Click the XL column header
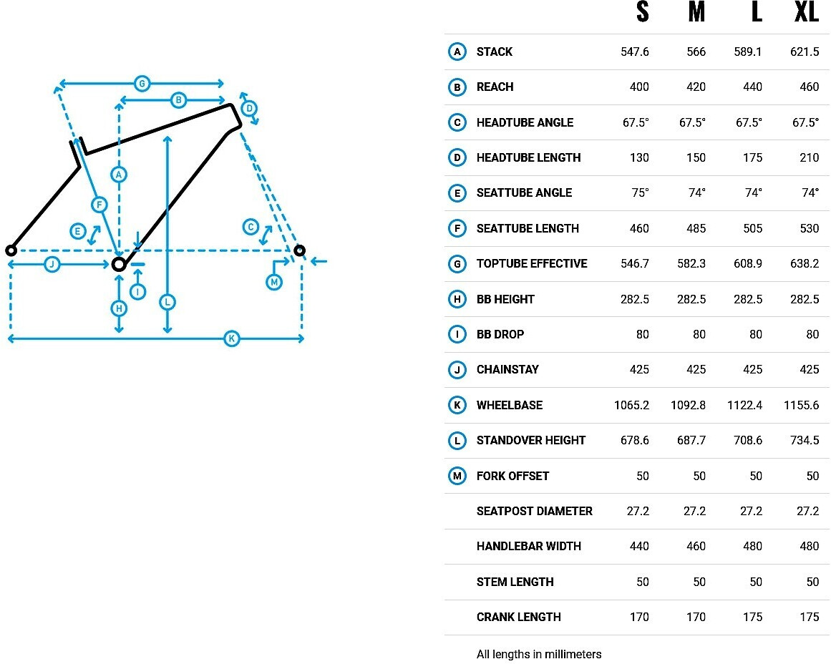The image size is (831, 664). [807, 11]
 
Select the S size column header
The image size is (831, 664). [642, 11]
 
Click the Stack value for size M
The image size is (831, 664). [696, 52]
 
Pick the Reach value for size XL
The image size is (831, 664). [809, 87]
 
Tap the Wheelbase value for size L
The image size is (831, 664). [744, 406]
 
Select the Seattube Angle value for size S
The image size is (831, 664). [640, 193]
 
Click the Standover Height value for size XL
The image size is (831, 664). [805, 440]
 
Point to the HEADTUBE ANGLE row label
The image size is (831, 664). [525, 123]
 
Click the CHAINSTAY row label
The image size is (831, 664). [507, 370]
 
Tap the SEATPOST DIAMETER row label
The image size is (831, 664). [534, 512]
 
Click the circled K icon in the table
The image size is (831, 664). [457, 406]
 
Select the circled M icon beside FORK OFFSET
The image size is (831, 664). [457, 476]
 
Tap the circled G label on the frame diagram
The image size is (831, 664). [142, 83]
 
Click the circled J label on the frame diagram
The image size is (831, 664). [52, 264]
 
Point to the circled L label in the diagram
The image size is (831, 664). [167, 302]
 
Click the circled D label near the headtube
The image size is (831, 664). [249, 109]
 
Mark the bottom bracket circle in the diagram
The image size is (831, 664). [119, 264]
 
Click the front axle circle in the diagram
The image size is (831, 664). [299, 250]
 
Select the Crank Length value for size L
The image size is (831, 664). [752, 617]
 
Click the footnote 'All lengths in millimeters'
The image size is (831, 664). [538, 655]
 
